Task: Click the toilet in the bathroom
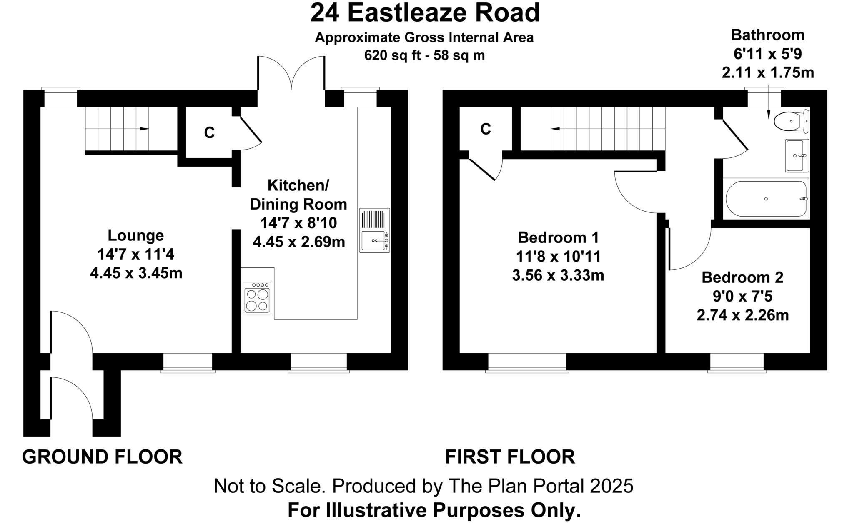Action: [x=790, y=121]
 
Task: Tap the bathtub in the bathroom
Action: [x=766, y=199]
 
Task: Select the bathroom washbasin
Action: [x=797, y=155]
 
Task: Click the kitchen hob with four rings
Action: [x=257, y=298]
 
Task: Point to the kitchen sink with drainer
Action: [x=374, y=230]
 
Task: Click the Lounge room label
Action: [x=136, y=235]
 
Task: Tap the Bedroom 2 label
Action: [x=742, y=277]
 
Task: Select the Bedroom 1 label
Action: [x=558, y=237]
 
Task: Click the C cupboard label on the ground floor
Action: [x=209, y=132]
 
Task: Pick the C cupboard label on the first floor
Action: [x=486, y=129]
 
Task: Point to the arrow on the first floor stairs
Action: [x=555, y=129]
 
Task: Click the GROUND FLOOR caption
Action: [x=102, y=457]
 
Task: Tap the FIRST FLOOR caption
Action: [x=510, y=457]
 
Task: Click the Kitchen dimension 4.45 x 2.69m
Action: [x=299, y=242]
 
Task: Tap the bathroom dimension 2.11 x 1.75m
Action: [x=768, y=73]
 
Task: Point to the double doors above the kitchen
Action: [x=291, y=73]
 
